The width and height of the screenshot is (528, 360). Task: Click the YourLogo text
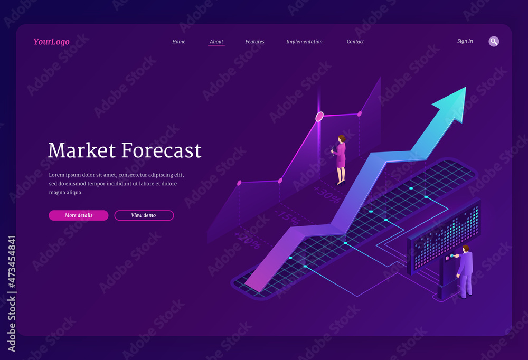51,42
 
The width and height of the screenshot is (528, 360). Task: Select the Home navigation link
179,42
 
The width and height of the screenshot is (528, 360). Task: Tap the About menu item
216,42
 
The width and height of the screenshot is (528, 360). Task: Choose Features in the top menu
254,42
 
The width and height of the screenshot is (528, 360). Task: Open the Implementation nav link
304,42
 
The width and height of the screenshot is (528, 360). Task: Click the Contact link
355,42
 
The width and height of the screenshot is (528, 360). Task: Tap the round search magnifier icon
494,41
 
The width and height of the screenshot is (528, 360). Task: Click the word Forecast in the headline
162,150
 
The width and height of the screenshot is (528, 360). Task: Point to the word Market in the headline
82,150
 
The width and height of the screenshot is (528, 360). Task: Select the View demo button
144,215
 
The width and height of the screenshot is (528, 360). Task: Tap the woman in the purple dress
341,158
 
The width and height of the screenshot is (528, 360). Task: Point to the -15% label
287,217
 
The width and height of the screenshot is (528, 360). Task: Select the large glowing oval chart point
319,116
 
